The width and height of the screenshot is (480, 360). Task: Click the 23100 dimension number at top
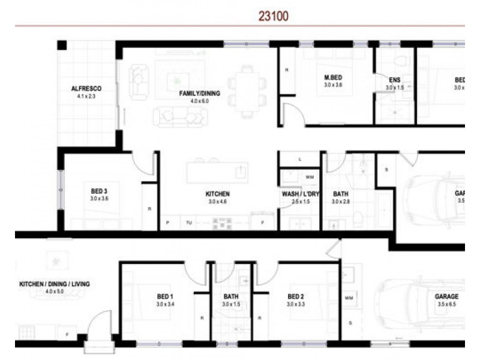274,17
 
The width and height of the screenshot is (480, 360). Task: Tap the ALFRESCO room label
84,88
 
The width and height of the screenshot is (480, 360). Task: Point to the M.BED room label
333,77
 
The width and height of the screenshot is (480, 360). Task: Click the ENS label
394,80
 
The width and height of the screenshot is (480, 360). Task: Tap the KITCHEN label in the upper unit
218,194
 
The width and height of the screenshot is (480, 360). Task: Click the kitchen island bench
217,173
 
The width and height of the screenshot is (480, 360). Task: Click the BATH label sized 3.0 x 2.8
341,194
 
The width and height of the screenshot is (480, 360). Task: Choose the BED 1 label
165,297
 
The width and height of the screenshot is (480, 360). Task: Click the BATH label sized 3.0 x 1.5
231,297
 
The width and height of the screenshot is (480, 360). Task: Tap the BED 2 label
296,297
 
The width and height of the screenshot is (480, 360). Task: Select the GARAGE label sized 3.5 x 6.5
446,297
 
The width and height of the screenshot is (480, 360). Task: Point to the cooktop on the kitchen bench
221,223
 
